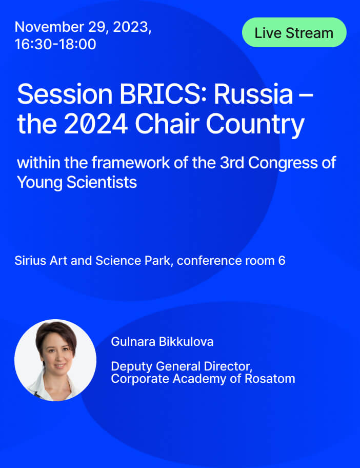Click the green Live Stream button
click(294, 32)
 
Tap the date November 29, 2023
click(83, 27)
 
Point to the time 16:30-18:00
click(55, 44)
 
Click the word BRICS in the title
click(159, 94)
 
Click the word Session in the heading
click(65, 94)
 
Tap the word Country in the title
click(255, 125)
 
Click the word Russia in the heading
click(253, 94)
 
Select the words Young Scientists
click(77, 183)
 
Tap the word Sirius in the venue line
click(30, 261)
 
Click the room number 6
click(282, 261)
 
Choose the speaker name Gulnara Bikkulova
click(162, 342)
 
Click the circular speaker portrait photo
click(55, 360)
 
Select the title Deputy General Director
click(182, 366)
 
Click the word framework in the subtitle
click(131, 163)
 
